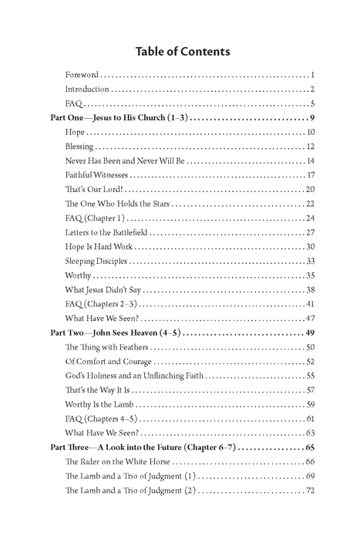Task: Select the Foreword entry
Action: (x=82, y=76)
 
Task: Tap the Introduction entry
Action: (x=87, y=90)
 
